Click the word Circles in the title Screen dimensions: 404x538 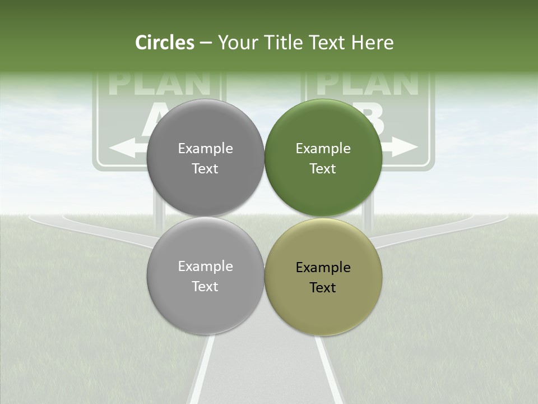coord(164,43)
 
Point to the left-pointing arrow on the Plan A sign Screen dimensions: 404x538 coord(126,148)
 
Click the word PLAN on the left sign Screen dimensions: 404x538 coord(159,84)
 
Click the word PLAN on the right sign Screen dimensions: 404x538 coord(367,84)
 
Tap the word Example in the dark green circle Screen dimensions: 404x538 coord(323,149)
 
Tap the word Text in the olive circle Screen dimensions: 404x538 coord(322,288)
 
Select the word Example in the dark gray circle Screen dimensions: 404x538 coord(205,149)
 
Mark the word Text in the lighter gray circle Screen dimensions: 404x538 coord(205,287)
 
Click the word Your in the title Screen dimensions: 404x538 coord(236,43)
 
